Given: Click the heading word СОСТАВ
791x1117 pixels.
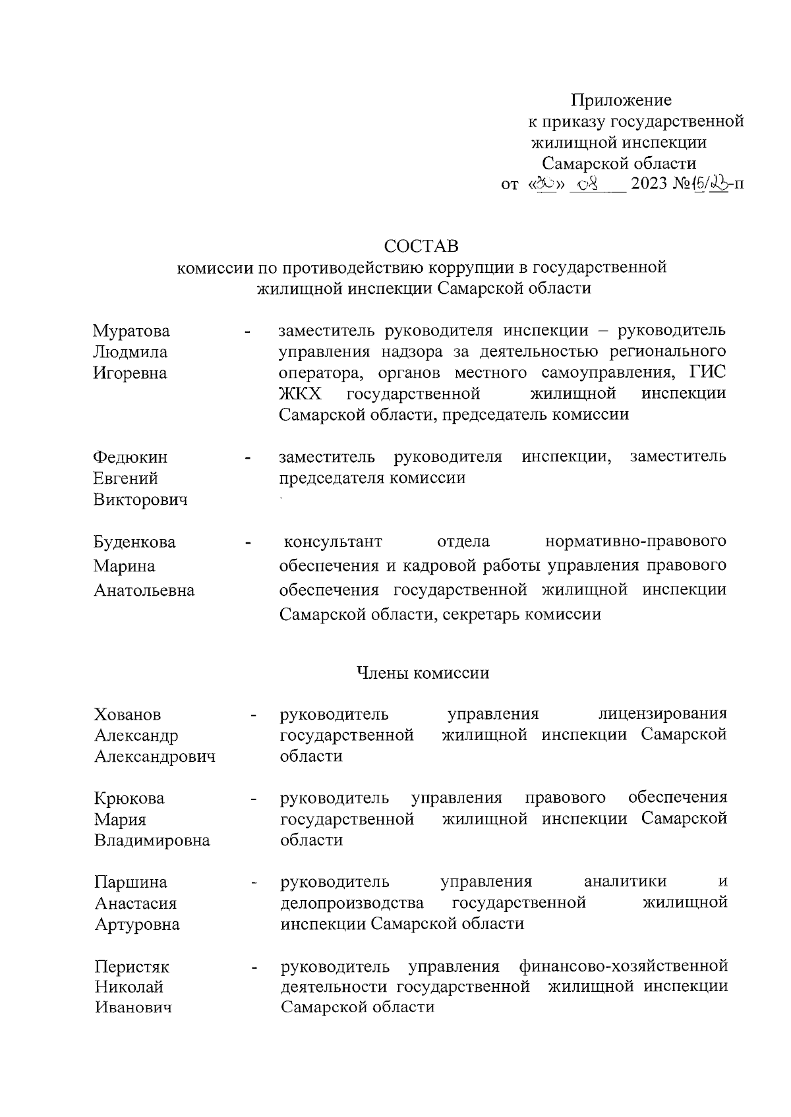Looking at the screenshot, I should (x=421, y=246).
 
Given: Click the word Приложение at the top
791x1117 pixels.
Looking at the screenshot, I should (x=621, y=100).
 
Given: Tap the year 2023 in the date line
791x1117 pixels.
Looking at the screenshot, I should (x=649, y=184).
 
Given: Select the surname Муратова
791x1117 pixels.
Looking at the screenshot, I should (x=131, y=331).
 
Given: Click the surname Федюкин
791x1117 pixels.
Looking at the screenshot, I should (x=131, y=457).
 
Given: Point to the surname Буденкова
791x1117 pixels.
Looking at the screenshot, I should (x=134, y=542).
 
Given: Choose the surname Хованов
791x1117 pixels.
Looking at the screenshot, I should (x=128, y=714).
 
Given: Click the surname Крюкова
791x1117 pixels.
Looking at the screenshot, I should (x=129, y=799).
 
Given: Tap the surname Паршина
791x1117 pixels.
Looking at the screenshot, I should (x=131, y=882).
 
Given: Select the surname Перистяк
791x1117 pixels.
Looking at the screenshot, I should (x=132, y=967).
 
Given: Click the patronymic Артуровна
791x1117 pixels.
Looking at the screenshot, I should (x=137, y=925).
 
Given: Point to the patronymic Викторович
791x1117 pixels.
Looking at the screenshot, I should (x=140, y=500).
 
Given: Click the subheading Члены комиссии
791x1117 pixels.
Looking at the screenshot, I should (x=423, y=673).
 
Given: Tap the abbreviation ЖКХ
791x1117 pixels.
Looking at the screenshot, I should (x=295, y=394).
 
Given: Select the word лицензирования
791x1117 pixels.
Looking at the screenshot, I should (x=662, y=714).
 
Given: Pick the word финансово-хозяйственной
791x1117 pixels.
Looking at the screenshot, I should (x=623, y=967).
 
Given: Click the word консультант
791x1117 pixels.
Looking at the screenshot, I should (x=333, y=542).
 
